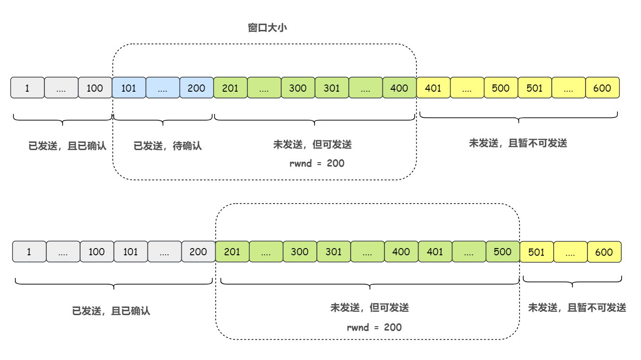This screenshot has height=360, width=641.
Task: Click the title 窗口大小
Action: (x=268, y=28)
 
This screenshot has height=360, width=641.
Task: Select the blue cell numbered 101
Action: (x=129, y=88)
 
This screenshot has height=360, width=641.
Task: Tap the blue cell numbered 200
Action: (x=196, y=88)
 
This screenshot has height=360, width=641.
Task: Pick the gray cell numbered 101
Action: (x=130, y=252)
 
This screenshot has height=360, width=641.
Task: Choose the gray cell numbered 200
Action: (x=198, y=252)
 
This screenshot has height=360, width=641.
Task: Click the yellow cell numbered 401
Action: (x=433, y=88)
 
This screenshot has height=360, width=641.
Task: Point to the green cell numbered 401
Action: (x=435, y=252)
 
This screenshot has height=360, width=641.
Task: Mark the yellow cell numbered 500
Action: (x=501, y=88)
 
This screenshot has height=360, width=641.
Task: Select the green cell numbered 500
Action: (x=503, y=252)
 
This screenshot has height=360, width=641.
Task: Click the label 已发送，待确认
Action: (x=167, y=146)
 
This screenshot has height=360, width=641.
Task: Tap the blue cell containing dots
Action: (x=163, y=88)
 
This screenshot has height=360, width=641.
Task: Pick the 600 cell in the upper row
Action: (x=602, y=88)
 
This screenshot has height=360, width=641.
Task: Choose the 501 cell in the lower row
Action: (x=536, y=252)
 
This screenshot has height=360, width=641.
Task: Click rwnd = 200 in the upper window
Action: (x=317, y=163)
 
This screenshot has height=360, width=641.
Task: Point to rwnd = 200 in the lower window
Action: (x=374, y=327)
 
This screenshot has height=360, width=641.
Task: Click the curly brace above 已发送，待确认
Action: (x=163, y=120)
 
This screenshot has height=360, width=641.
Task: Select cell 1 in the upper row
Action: (x=27, y=88)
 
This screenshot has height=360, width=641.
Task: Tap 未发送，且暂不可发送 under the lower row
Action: (x=577, y=307)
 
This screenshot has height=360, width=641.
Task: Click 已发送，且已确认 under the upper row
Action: (x=67, y=146)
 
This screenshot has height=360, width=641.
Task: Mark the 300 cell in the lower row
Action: (x=300, y=252)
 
